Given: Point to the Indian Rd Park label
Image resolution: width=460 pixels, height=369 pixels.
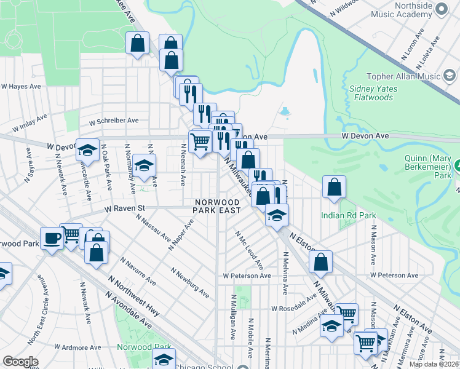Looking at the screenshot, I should pyautogui.click(x=347, y=215).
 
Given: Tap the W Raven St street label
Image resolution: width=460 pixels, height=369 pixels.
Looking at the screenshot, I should pyautogui.click(x=124, y=208).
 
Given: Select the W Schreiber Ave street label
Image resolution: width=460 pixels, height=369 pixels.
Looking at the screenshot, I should pyautogui.click(x=114, y=121).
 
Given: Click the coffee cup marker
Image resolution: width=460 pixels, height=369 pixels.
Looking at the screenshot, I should pyautogui.click(x=52, y=238).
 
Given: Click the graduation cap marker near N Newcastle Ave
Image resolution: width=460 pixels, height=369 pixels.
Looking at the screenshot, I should pyautogui.click(x=87, y=149).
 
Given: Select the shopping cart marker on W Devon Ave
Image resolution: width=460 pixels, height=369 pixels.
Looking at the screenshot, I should pyautogui.click(x=200, y=142).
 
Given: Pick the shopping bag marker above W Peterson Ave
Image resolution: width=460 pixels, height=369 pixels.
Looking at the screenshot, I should pyautogui.click(x=320, y=262).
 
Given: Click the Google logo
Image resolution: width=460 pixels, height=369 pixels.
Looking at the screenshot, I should pyautogui.click(x=20, y=362).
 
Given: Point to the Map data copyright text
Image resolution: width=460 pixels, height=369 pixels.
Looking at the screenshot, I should pyautogui.click(x=433, y=364).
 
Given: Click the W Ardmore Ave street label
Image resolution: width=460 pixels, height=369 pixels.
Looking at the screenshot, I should pyautogui.click(x=77, y=347).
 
